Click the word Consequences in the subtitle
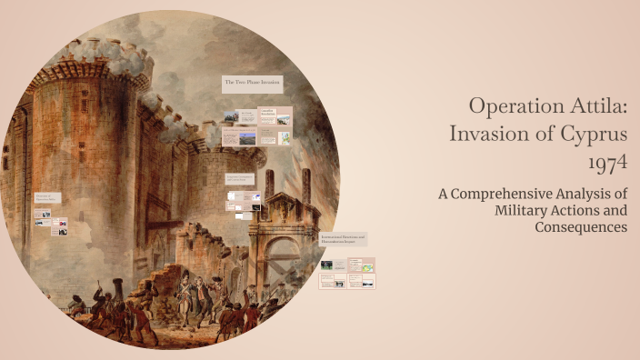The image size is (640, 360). coord(580,226)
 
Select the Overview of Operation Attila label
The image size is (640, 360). coord(48,197)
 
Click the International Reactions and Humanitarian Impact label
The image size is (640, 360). coord(343,239)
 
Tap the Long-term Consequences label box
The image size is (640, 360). coord(240,178)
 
